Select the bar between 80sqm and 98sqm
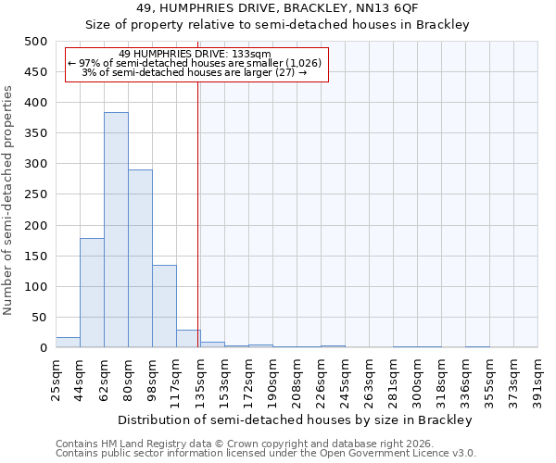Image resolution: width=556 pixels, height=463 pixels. pos(140,258)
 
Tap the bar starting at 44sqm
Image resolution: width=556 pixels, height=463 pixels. pos(92,293)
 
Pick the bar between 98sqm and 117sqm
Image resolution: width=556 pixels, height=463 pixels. pos(164,307)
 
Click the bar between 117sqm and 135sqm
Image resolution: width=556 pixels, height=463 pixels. pos(188,339)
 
